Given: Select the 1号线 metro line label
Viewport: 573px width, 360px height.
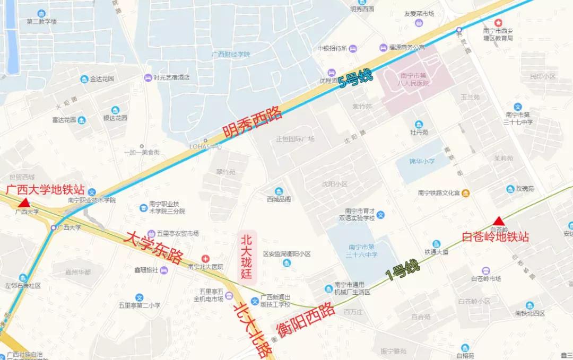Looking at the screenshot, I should tap(402, 270).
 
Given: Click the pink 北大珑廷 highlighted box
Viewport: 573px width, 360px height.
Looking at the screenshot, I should tap(246, 256).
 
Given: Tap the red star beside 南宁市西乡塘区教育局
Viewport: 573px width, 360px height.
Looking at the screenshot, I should tap(498, 23).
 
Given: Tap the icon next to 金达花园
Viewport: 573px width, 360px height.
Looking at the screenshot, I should tap(84, 79).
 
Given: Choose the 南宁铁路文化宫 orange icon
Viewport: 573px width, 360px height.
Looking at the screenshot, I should tap(465, 193).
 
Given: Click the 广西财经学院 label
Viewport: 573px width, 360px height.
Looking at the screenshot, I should tap(230, 54).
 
